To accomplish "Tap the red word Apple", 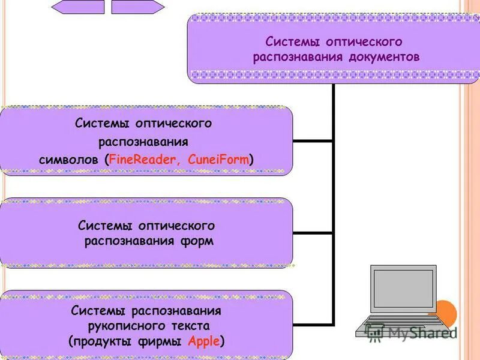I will [x=204, y=341].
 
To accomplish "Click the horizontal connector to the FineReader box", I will [x=313, y=141].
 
